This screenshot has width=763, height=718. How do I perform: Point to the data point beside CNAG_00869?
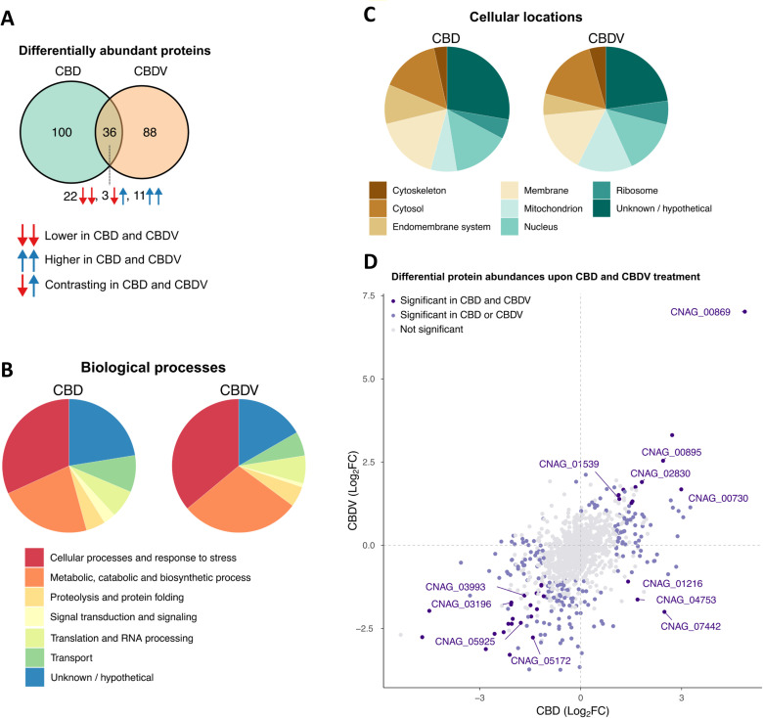click(745, 312)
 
